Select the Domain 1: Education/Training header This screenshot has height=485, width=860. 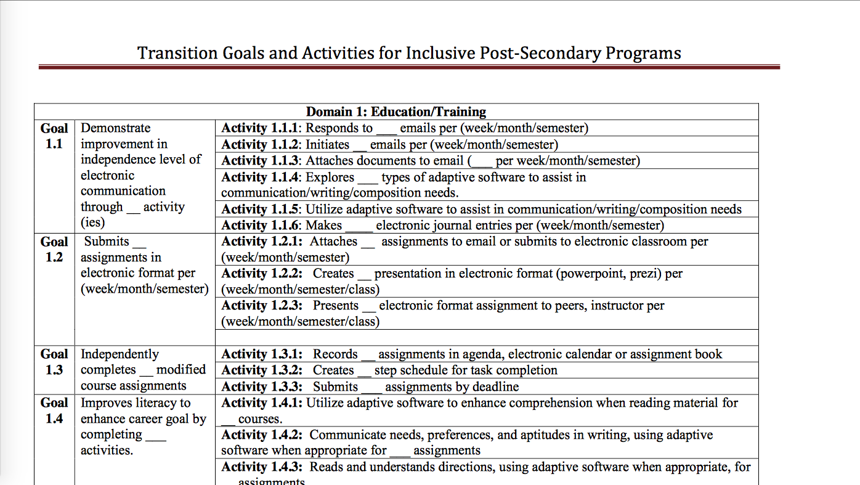pyautogui.click(x=396, y=112)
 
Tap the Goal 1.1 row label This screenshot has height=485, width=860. pyautogui.click(x=54, y=136)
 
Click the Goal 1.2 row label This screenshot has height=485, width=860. pyautogui.click(x=54, y=250)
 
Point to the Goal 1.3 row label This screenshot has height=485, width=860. pyautogui.click(x=54, y=362)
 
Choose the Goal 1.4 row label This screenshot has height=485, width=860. pyautogui.click(x=54, y=410)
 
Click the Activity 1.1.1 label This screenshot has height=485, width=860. pyautogui.click(x=261, y=128)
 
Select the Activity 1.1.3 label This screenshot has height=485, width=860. pyautogui.click(x=261, y=161)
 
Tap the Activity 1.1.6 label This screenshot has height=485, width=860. pyautogui.click(x=261, y=226)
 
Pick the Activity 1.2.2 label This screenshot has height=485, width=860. pyautogui.click(x=261, y=274)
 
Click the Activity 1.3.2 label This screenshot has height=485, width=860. pyautogui.click(x=261, y=370)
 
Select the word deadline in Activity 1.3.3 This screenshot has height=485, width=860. pyautogui.click(x=495, y=387)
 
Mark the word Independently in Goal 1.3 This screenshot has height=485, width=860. pyautogui.click(x=120, y=354)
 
